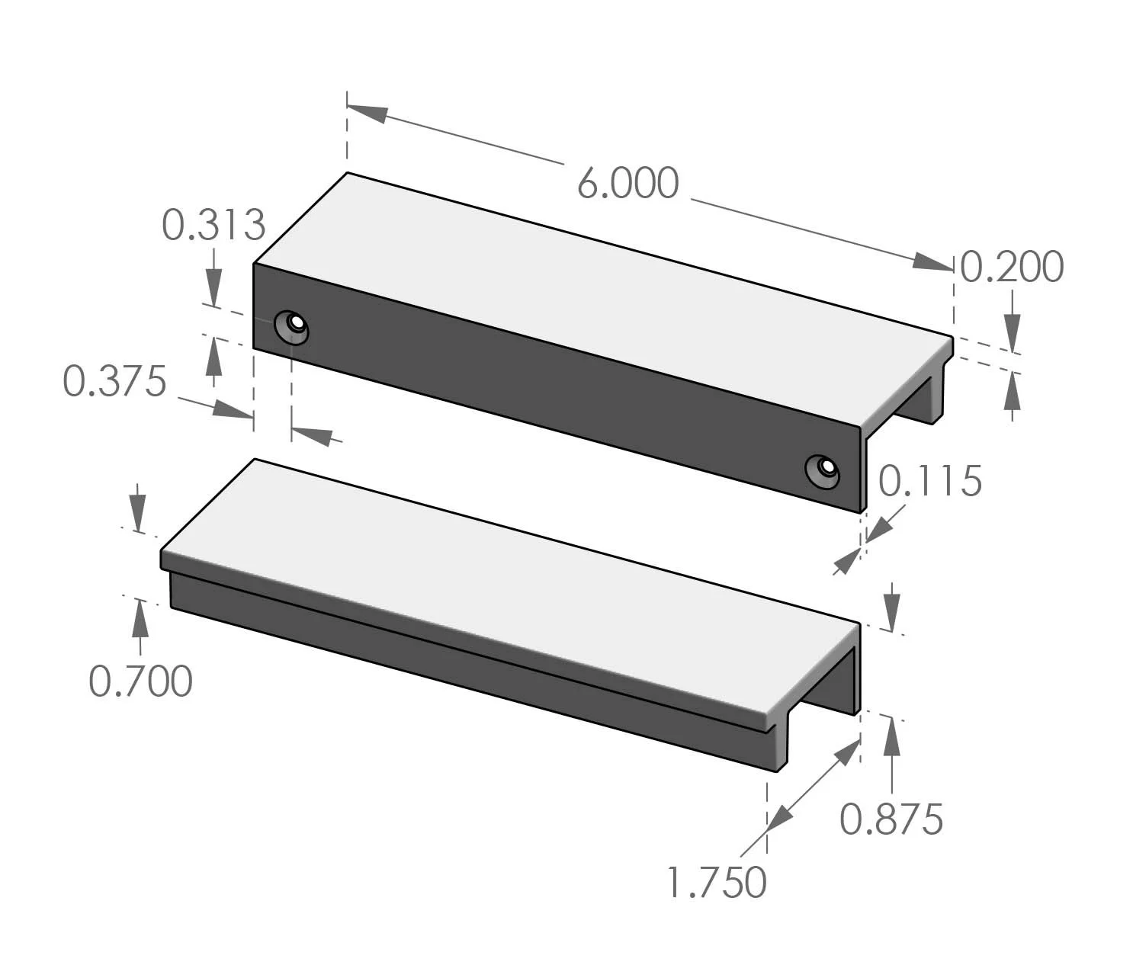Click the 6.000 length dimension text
pyautogui.click(x=627, y=184)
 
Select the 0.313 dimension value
pyautogui.click(x=213, y=225)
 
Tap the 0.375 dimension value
pyautogui.click(x=114, y=381)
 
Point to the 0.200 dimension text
pyautogui.click(x=1012, y=268)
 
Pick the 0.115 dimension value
pyautogui.click(x=930, y=482)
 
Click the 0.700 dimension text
pyautogui.click(x=140, y=681)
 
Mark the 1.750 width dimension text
pyautogui.click(x=717, y=883)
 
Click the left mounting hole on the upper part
pyautogui.click(x=292, y=326)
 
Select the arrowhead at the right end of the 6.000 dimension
pyautogui.click(x=933, y=261)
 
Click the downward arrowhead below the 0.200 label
pyautogui.click(x=1012, y=335)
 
